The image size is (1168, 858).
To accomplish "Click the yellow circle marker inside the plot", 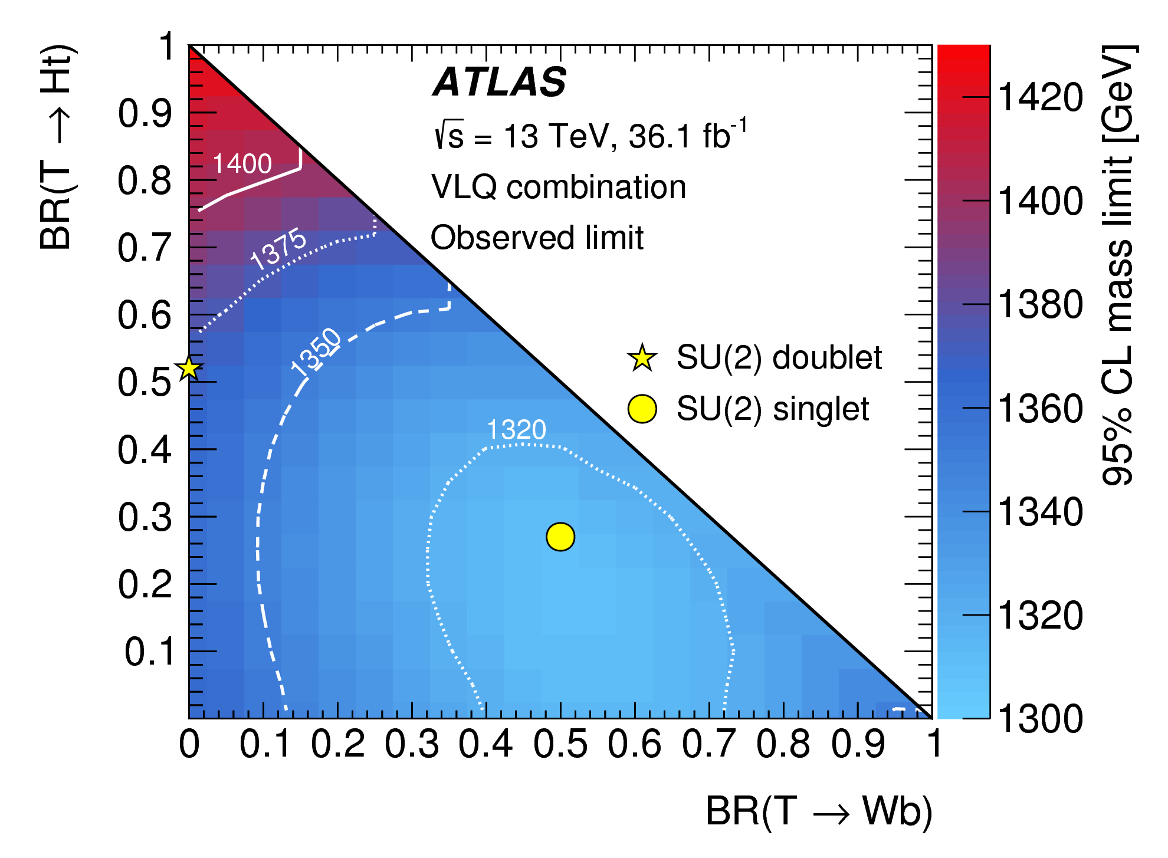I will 560,537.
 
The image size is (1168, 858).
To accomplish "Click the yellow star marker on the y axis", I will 189,368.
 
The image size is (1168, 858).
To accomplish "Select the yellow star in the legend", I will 642,358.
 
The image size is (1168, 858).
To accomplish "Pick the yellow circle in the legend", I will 642,409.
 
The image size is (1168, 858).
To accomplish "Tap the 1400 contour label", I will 242,163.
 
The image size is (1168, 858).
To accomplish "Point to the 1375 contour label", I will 278,249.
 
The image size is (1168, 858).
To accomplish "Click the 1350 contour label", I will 317,351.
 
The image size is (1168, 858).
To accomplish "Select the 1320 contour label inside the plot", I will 516,429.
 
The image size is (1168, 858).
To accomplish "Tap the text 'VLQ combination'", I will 558,187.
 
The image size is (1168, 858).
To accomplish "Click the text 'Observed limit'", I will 537,238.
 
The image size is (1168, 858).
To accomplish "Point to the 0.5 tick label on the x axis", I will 560,744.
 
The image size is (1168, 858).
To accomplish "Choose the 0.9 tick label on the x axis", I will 858,744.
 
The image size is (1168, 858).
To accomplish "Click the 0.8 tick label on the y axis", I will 145,180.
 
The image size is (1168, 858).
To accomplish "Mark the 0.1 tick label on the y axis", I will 149,652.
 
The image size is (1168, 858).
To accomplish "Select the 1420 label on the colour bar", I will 1040,97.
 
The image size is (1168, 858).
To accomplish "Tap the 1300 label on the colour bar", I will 1040,719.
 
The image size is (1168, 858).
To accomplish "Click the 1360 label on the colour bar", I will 1040,408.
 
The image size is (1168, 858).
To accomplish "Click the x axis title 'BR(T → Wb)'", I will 819,811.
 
